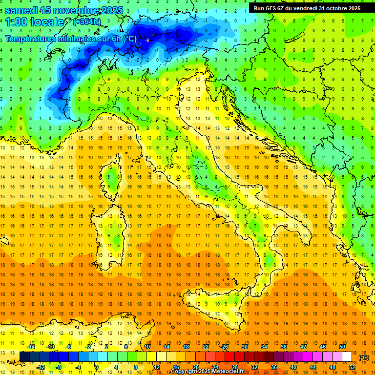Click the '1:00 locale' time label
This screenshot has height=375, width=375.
tap(35, 22)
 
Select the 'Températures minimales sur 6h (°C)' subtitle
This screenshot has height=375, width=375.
tap(71, 39)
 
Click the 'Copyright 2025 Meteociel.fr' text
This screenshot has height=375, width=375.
tap(201, 372)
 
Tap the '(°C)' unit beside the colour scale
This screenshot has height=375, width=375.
tap(363, 357)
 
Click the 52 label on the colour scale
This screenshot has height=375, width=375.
tap(352, 367)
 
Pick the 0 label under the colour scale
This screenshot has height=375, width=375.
tap(96, 367)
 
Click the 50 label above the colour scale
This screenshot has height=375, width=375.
tap(342, 347)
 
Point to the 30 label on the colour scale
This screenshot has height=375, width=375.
tap(244, 347)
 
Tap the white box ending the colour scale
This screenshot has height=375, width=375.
tap(347, 357)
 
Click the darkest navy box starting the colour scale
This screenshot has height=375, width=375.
tap(24, 357)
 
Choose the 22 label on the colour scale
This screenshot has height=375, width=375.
tap(205, 347)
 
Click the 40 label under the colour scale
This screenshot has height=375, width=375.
tap(293, 367)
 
